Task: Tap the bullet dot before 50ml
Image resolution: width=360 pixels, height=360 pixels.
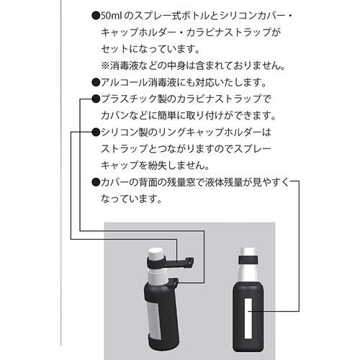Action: tap(96, 15)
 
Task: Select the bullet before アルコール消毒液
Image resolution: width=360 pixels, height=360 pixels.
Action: tap(96, 81)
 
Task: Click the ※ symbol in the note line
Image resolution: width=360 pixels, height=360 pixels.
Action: tap(105, 65)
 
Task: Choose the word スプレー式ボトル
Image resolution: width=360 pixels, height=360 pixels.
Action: tap(168, 15)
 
